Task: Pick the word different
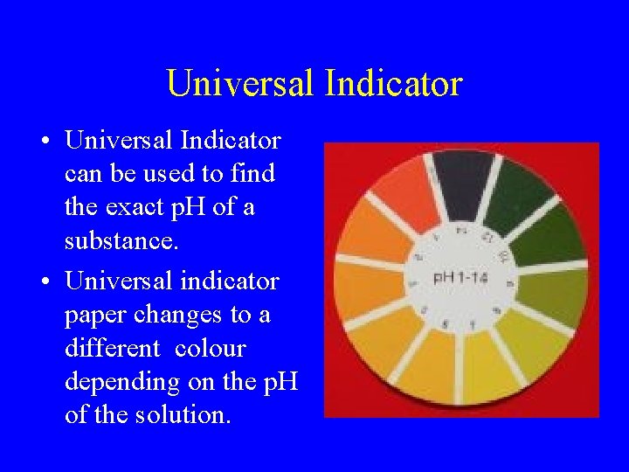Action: click(x=113, y=349)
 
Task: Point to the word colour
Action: click(x=211, y=349)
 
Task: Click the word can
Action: click(x=83, y=175)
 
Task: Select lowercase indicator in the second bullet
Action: click(x=229, y=281)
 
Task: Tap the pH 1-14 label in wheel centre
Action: click(x=461, y=278)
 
